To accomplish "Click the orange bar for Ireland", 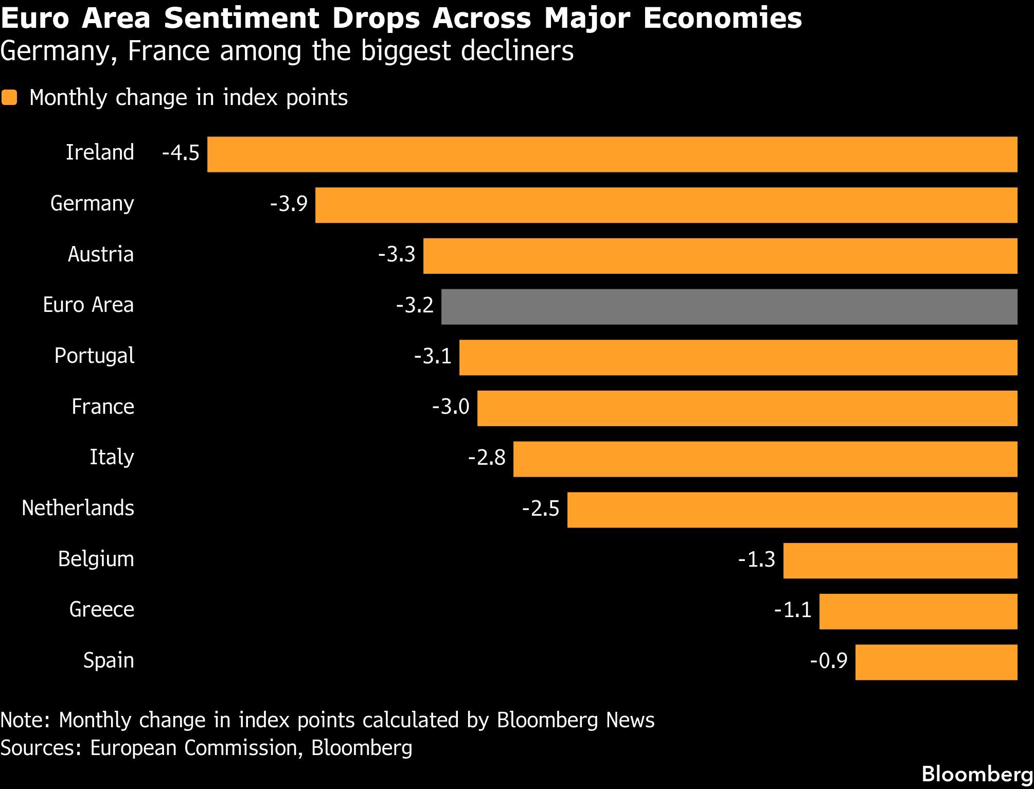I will pyautogui.click(x=612, y=154).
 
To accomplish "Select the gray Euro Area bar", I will pyautogui.click(x=729, y=307).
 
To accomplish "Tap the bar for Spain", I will pyautogui.click(x=936, y=662).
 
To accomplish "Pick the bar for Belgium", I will pyautogui.click(x=900, y=560).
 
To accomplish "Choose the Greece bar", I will pyautogui.click(x=918, y=611).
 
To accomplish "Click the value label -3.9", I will pyautogui.click(x=289, y=204).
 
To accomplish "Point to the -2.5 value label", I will pyautogui.click(x=541, y=509).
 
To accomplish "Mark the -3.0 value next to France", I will pyautogui.click(x=451, y=407).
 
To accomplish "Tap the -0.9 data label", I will pyautogui.click(x=828, y=661).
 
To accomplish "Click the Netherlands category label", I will pyautogui.click(x=78, y=509).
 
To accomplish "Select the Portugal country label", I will pyautogui.click(x=94, y=356).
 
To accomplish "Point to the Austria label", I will pyautogui.click(x=101, y=255).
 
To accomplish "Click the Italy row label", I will pyautogui.click(x=112, y=458).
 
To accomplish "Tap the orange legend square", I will pyautogui.click(x=9, y=98).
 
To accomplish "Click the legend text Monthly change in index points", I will pyautogui.click(x=188, y=98).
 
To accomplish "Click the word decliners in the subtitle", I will pyautogui.click(x=517, y=51).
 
